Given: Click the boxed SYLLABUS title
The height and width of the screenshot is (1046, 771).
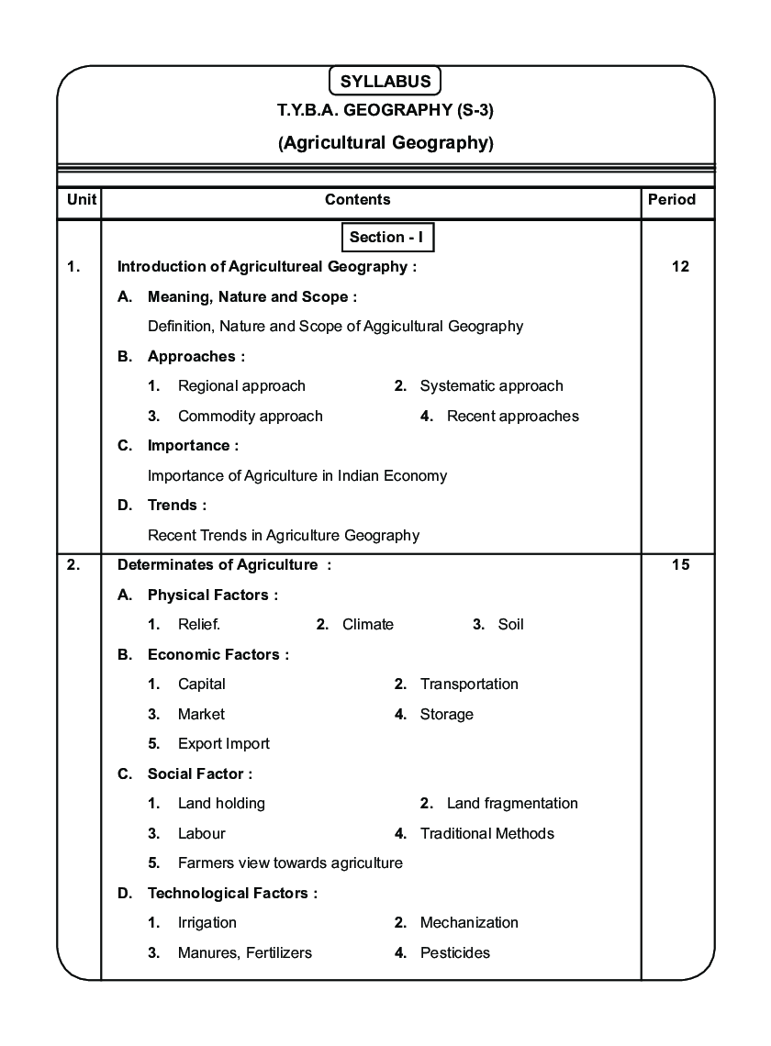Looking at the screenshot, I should point(385,81).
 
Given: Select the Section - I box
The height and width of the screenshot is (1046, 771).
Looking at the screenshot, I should point(386,238).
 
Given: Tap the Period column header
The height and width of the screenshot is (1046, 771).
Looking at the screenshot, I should point(672,199).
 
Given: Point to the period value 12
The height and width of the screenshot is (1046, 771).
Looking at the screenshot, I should point(680,267).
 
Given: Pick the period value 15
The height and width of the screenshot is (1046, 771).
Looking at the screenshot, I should point(680,565).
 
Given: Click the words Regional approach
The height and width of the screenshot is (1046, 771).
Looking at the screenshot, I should point(241,386).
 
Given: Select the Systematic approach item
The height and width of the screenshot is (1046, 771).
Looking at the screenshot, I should point(491,386).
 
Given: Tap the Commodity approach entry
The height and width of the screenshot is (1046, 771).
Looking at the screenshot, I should point(250,417).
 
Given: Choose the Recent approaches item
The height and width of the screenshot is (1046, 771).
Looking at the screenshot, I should point(512,417).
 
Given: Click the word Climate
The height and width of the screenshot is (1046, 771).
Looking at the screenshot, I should point(367,625).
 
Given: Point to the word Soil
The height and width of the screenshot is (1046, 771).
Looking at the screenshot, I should point(510,625).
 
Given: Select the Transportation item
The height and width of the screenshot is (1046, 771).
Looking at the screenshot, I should point(469,684).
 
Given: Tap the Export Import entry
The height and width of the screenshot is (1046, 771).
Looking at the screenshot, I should point(224,744).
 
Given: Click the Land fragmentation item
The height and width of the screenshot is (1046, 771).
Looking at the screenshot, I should point(512,804).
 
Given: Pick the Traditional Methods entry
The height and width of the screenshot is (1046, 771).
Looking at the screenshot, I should point(486,834).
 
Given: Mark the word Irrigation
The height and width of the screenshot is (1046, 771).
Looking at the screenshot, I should point(207,923).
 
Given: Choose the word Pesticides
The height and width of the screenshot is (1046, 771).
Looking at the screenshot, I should point(455,953).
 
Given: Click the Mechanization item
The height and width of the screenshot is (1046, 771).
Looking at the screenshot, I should point(469,923).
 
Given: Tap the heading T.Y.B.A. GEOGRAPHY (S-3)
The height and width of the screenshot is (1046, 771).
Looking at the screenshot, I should point(386,111).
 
